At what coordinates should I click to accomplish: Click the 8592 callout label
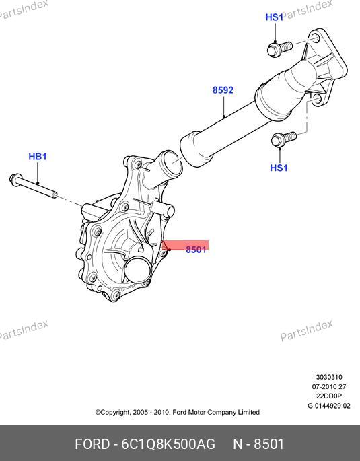[223, 90]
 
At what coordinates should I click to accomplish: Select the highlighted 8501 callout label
[196, 250]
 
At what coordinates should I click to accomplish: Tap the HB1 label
[38, 156]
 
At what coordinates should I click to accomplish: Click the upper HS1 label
[274, 17]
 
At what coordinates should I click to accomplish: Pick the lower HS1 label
[279, 168]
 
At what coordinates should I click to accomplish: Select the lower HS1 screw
[283, 139]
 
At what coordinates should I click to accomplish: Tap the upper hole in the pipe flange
[315, 38]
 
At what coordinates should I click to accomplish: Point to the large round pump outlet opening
[138, 270]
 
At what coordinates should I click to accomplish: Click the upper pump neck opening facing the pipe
[174, 162]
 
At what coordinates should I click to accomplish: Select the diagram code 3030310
[329, 377]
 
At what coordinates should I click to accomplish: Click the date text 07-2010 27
[329, 386]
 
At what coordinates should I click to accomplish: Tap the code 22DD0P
[329, 396]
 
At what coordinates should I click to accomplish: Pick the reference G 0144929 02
[329, 406]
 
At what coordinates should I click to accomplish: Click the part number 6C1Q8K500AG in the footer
[168, 444]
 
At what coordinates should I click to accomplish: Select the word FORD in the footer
[92, 444]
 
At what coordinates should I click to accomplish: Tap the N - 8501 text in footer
[258, 444]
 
